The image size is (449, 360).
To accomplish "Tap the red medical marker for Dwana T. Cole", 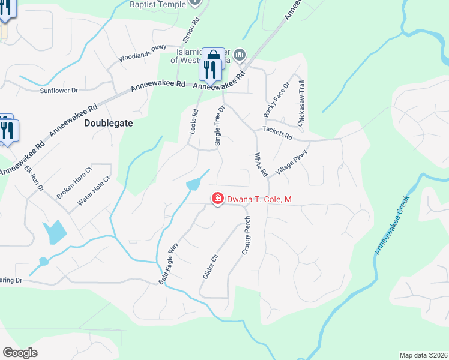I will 217,198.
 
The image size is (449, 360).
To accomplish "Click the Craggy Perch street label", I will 246,235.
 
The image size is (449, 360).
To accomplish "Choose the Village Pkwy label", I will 292,164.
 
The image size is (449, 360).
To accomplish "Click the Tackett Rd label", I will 277,134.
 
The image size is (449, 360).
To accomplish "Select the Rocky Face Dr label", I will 276,100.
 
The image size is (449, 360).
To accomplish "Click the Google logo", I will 20,353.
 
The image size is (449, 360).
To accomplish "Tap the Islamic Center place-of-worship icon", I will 240,55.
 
